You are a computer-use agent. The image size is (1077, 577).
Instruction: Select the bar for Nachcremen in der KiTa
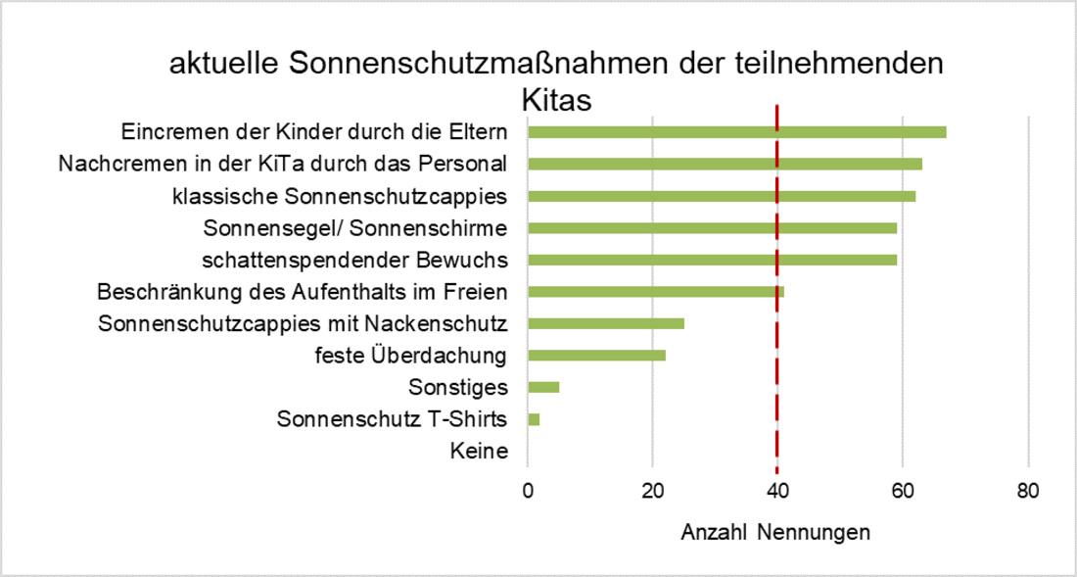[x=725, y=164]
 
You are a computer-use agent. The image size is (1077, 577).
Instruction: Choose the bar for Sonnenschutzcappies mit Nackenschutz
[x=606, y=323]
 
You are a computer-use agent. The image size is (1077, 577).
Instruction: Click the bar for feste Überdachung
[x=596, y=355]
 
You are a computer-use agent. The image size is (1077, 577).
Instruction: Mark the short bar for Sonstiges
[x=543, y=387]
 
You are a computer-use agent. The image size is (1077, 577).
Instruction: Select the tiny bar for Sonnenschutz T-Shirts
[x=534, y=419]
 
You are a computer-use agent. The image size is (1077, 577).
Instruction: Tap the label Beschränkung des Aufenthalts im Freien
[x=303, y=292]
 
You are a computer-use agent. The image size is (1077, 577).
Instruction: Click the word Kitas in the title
[x=558, y=102]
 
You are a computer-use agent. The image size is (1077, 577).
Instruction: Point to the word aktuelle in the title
[x=224, y=65]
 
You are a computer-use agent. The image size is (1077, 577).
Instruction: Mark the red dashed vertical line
[x=776, y=372]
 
